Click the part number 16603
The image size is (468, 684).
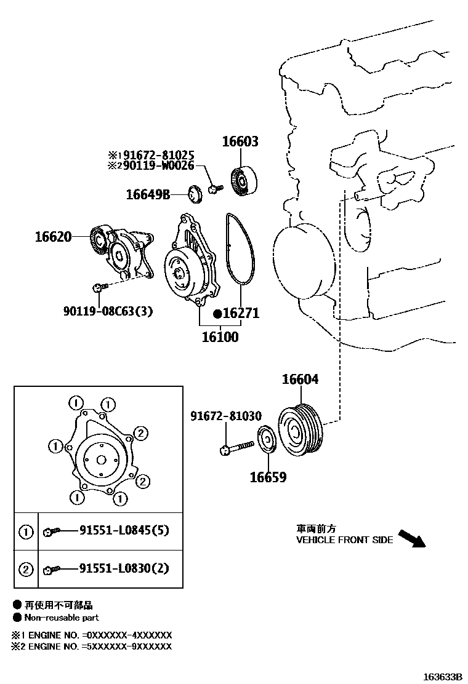240,142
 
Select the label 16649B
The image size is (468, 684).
148,195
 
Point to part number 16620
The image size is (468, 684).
53,236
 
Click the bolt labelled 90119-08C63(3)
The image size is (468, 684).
99,287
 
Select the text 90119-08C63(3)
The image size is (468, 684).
108,311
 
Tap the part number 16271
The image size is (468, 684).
241,314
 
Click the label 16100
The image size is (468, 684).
220,336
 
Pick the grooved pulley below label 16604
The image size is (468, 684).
301,431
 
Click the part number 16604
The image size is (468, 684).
301,380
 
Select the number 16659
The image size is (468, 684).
268,477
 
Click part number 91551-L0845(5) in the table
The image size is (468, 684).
124,532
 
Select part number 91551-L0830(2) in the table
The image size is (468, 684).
124,569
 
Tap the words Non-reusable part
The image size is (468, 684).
61,618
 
